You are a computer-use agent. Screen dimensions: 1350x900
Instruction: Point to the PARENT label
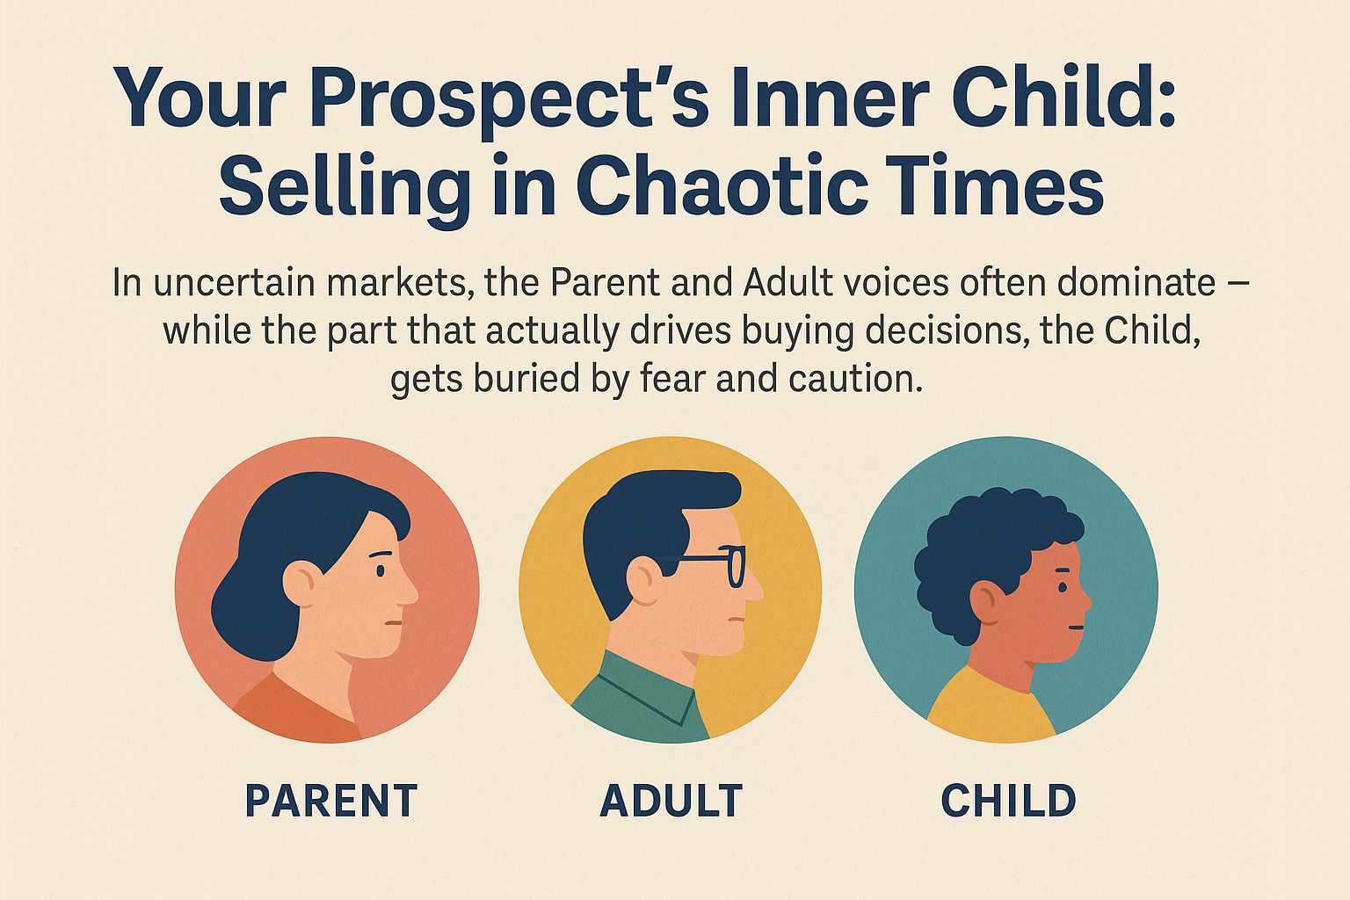pos(331,802)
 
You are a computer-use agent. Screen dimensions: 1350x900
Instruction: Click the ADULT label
pos(671,802)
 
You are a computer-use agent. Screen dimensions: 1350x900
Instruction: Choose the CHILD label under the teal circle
pos(1009,802)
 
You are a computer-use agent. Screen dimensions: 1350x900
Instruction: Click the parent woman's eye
pos(381,570)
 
